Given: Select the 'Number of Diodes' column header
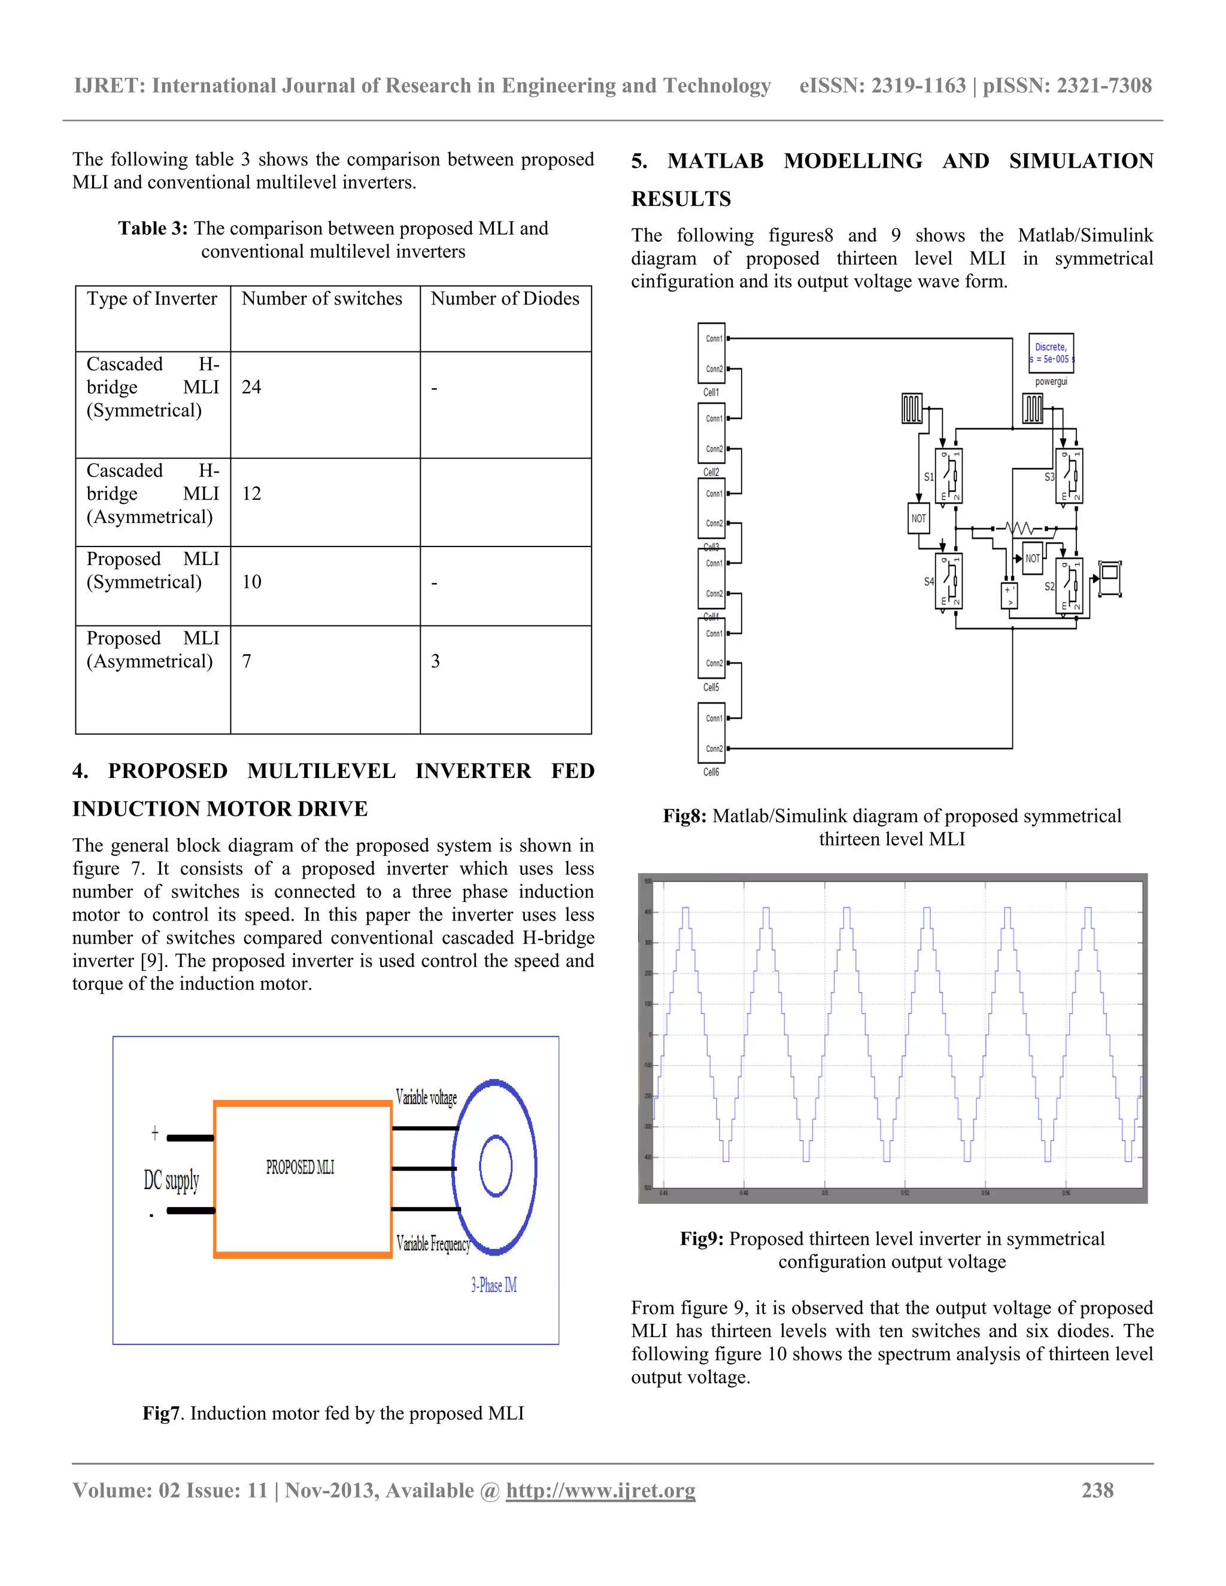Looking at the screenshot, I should (505, 299).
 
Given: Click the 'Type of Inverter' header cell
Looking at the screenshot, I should (152, 299).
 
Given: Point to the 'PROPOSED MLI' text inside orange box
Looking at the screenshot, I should (300, 1167).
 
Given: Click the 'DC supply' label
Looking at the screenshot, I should (171, 1180).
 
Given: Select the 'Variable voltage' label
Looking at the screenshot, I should (426, 1096).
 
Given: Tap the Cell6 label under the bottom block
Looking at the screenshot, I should (711, 773).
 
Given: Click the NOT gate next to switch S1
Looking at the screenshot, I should (919, 518).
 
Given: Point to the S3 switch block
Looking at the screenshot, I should (1069, 476).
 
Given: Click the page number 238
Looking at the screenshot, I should (1097, 1491).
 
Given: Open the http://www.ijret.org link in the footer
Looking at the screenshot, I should (600, 1491).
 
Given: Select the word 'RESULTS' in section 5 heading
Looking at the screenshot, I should (681, 199).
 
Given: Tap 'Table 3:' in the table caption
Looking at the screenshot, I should (153, 229).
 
